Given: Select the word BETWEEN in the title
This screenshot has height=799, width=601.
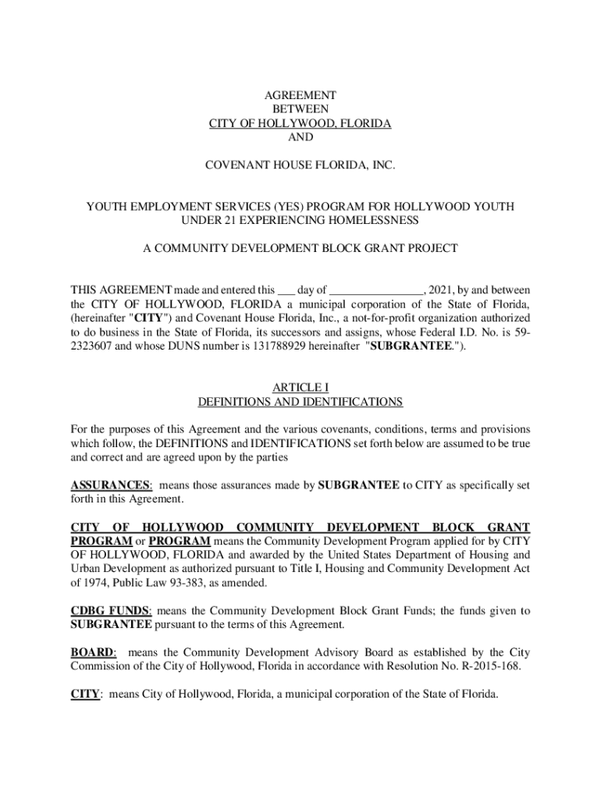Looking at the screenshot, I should [300, 109].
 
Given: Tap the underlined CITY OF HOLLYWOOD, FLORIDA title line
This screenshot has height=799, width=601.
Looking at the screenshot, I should [300, 123].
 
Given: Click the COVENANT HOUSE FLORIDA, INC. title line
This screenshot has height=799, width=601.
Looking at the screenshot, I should [300, 165].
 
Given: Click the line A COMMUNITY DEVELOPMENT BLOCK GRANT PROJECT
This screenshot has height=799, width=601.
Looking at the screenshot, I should [300, 248].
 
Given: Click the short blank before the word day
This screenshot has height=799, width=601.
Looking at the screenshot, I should [286, 290].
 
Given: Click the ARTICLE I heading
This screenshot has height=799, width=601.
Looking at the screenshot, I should [300, 388].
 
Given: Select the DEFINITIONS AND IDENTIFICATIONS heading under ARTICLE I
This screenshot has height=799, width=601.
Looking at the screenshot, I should [300, 402].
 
